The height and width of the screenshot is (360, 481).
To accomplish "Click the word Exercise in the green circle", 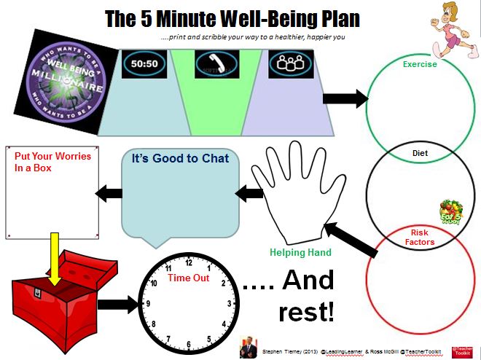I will tap(420, 64).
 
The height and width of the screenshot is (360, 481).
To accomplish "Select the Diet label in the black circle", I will tap(420, 154).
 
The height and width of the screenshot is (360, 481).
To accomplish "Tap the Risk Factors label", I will tap(420, 237).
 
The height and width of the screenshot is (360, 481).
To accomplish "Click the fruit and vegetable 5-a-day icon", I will tap(450, 211).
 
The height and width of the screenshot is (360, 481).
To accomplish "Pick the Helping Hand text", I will tap(300, 253).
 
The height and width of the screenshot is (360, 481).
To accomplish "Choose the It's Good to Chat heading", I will tap(181, 158).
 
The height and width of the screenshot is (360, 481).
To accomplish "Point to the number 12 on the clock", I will tap(189, 264).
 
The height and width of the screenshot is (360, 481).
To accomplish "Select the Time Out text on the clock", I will tap(189, 278).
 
